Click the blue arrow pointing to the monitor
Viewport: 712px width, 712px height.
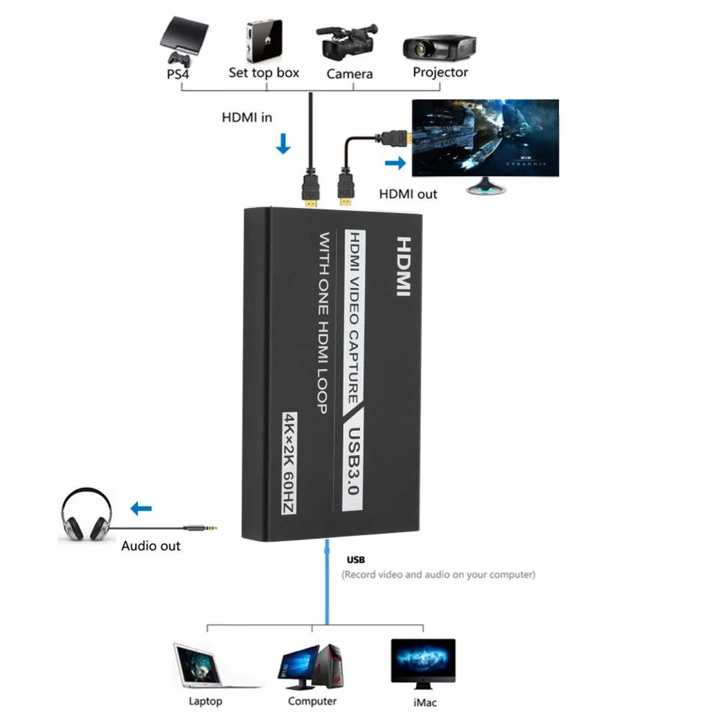coord(395,163)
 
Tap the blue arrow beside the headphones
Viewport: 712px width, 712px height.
coord(142,508)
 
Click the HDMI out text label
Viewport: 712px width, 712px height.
coord(408,194)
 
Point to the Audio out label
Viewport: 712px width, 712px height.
coord(151,546)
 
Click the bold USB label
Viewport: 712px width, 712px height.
coord(356,560)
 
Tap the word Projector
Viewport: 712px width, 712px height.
coord(440,72)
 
